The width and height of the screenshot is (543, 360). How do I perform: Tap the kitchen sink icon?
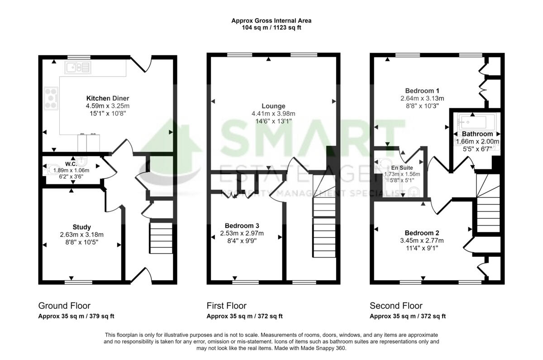coord(78,68)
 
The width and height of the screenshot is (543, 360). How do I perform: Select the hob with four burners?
coord(50,99)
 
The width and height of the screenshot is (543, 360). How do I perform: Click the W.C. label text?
coord(71,164)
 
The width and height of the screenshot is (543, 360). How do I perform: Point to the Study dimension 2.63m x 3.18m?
coord(81,235)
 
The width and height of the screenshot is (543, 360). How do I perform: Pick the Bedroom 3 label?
coord(242,226)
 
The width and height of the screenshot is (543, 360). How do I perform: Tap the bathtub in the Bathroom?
coord(472,122)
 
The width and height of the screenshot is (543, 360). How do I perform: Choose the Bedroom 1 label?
coord(422,90)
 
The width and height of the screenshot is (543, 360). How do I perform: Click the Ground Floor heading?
coord(64,306)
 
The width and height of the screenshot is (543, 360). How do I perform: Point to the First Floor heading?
coord(226,306)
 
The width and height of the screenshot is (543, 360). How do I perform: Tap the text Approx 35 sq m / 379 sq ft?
coord(79,317)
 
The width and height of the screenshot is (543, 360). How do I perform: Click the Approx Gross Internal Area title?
coord(271,20)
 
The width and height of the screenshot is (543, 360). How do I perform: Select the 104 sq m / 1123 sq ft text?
coord(271,28)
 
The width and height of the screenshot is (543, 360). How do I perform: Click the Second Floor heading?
coord(396,306)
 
